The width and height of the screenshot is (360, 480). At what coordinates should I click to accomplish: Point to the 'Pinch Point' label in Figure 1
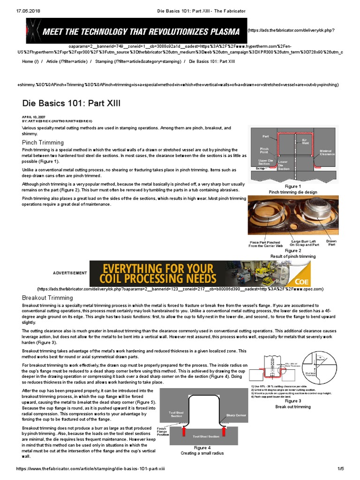click(264, 150)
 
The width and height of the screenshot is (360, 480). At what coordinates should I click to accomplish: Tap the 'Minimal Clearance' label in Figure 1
click(327, 153)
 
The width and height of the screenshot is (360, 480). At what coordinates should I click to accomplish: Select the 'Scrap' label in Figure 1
click(260, 168)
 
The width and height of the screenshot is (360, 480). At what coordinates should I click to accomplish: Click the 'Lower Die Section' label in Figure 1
click(284, 165)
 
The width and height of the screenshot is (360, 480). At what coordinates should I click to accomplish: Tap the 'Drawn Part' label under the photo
click(331, 243)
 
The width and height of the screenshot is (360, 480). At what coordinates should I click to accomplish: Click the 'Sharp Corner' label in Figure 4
click(235, 415)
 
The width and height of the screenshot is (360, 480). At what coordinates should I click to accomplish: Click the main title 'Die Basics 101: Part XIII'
click(72, 103)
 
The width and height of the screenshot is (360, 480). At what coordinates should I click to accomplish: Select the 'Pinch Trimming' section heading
click(43, 142)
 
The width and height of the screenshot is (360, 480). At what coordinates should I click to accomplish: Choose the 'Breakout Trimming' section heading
click(47, 298)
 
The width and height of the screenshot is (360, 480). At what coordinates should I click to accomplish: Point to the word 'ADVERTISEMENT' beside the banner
click(70, 273)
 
